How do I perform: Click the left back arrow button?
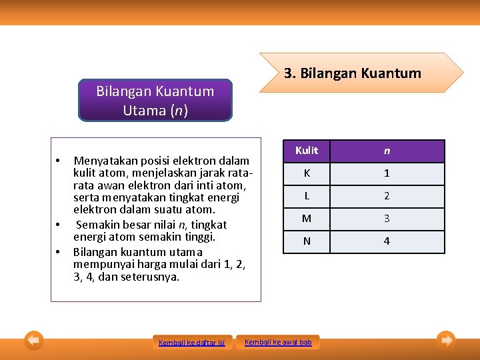point(34,341)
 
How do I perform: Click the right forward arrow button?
point(446,341)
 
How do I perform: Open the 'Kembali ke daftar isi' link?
point(192,343)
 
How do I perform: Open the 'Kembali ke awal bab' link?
point(278,342)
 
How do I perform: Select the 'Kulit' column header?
point(307,151)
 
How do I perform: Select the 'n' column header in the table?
point(387,151)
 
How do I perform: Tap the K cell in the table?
point(307,173)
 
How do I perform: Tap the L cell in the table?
point(307,196)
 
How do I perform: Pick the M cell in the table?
point(307,219)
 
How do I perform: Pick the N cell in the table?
point(307,241)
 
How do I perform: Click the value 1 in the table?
point(387,173)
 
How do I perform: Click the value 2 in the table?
point(387,196)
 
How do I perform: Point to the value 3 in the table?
point(387,219)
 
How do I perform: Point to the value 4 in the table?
point(387,241)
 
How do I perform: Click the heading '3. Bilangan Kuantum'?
point(353,73)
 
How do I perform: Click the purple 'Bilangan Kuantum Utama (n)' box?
point(155,101)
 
